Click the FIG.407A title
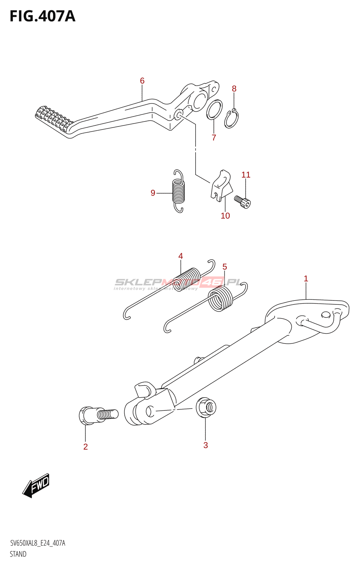[43, 16]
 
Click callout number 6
[142, 81]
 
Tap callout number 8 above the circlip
[234, 89]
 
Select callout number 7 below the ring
[214, 137]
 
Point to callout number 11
[246, 175]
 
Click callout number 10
[225, 215]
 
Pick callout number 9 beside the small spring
[153, 193]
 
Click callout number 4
[181, 256]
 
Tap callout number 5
[225, 266]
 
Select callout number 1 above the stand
[306, 279]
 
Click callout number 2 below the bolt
[85, 447]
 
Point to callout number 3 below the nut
[206, 445]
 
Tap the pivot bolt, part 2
[97, 415]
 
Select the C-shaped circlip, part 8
[232, 119]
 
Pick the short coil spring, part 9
[179, 191]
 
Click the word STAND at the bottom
[18, 554]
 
